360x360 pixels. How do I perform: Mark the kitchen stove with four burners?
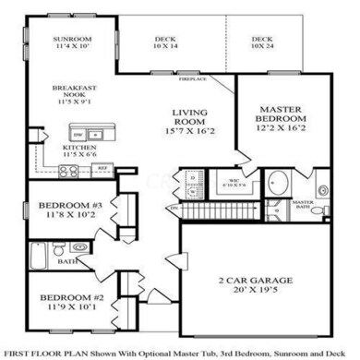[68, 170]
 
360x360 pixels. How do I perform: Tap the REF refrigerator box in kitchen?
[103, 169]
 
